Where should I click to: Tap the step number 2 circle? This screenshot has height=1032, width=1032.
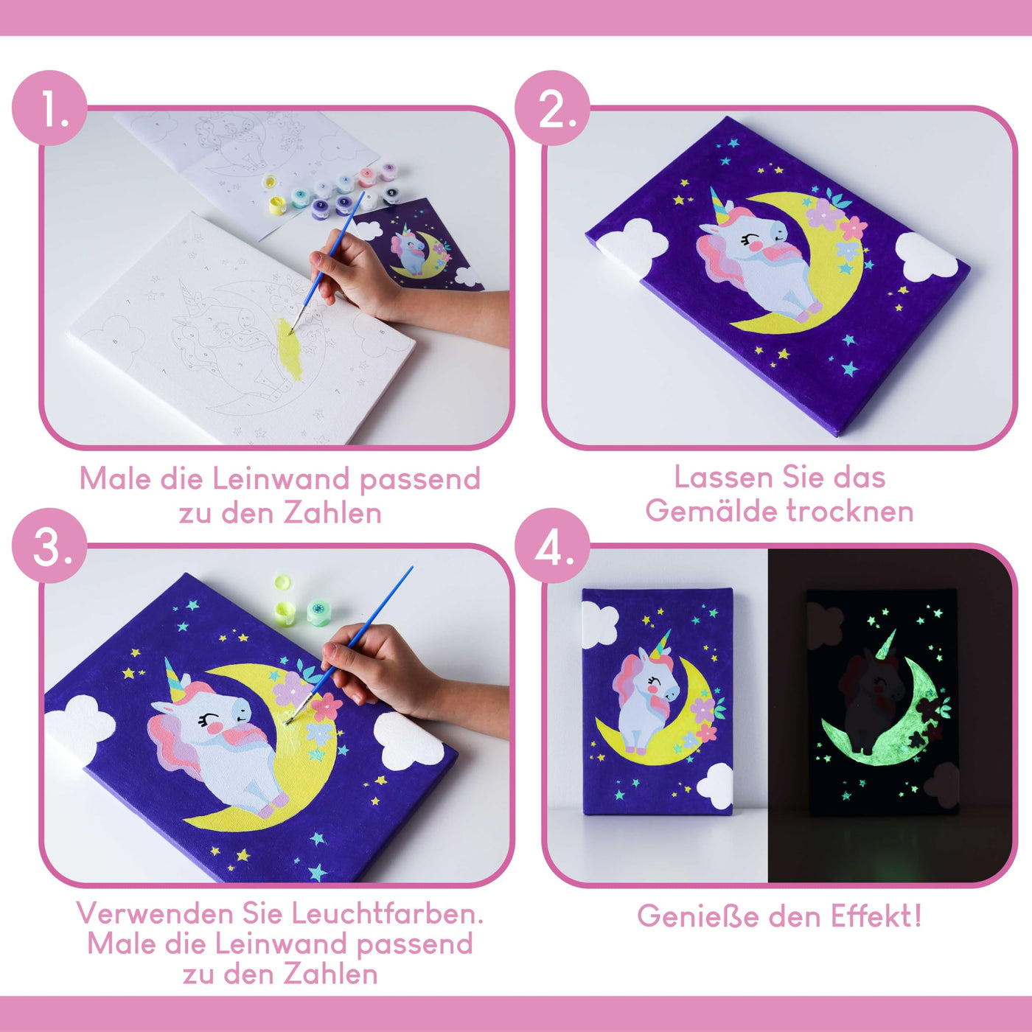tap(553, 108)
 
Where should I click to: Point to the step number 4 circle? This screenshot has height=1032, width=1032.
tap(553, 546)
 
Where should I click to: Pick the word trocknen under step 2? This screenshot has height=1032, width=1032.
tap(850, 511)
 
